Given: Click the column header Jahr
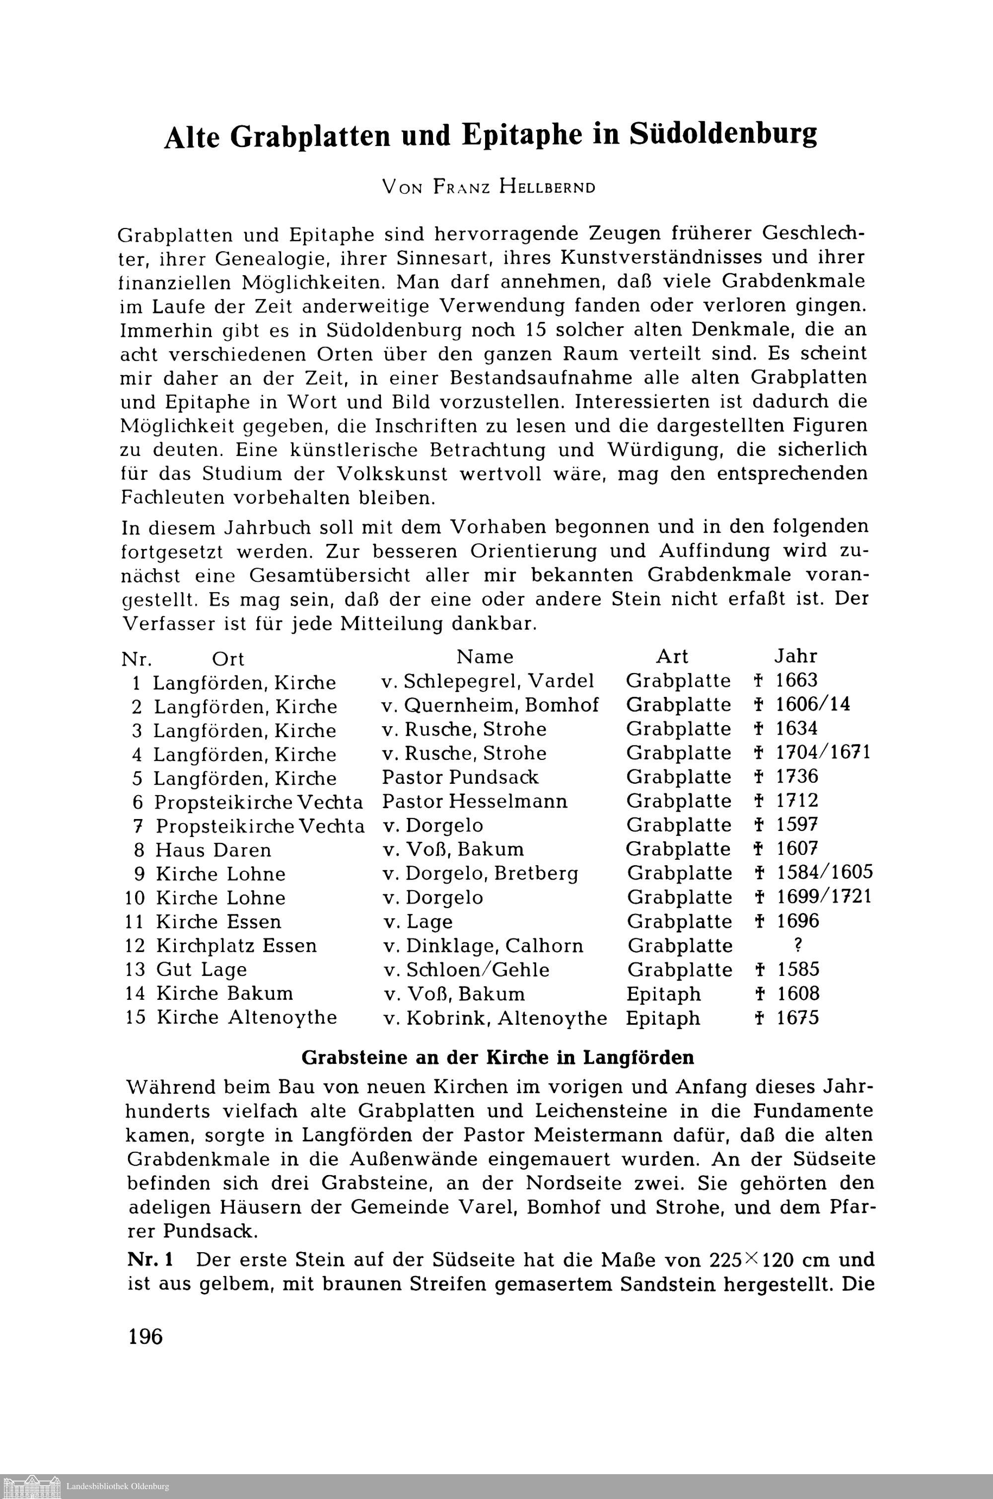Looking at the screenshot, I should pyautogui.click(x=796, y=656).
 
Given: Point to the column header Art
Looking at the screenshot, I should pyautogui.click(x=672, y=656).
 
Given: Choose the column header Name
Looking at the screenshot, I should pyautogui.click(x=485, y=656).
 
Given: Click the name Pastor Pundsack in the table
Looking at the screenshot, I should pyautogui.click(x=460, y=777).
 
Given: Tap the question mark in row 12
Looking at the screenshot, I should pyautogui.click(x=797, y=945).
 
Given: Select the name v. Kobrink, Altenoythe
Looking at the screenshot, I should pyautogui.click(x=495, y=1018).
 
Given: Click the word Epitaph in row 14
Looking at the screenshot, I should pyautogui.click(x=664, y=994).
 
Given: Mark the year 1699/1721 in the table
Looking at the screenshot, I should pyautogui.click(x=824, y=897).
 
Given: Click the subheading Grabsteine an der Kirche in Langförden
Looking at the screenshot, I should pyautogui.click(x=498, y=1058).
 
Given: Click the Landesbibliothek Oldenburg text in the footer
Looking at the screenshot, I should pyautogui.click(x=118, y=1486).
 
